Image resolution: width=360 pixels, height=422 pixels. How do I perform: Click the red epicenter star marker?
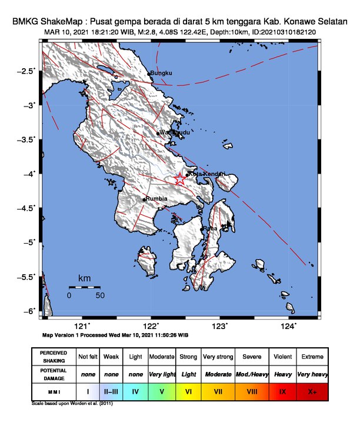(180, 180)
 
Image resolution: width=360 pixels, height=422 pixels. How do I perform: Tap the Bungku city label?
(161, 74)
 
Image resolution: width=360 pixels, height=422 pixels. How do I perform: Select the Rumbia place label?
(156, 200)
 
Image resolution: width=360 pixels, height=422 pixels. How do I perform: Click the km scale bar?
(84, 287)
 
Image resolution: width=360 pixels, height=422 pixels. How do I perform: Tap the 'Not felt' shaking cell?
(88, 357)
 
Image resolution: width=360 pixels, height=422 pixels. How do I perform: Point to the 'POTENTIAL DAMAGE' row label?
(53, 374)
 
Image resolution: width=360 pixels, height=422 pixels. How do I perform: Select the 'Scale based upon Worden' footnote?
(72, 404)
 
